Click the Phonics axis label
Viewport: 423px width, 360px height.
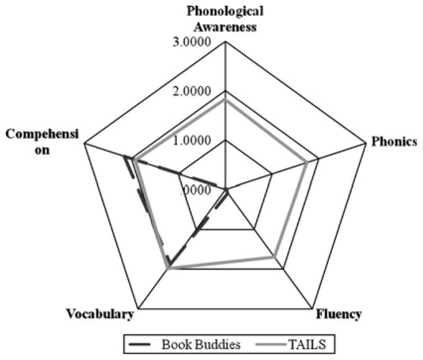394,141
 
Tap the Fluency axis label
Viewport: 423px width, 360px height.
339,315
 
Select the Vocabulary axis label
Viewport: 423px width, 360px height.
99,315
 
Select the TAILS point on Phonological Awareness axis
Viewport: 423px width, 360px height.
226,99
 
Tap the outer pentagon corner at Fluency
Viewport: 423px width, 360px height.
313,308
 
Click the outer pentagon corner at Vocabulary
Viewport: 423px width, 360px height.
139,308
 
